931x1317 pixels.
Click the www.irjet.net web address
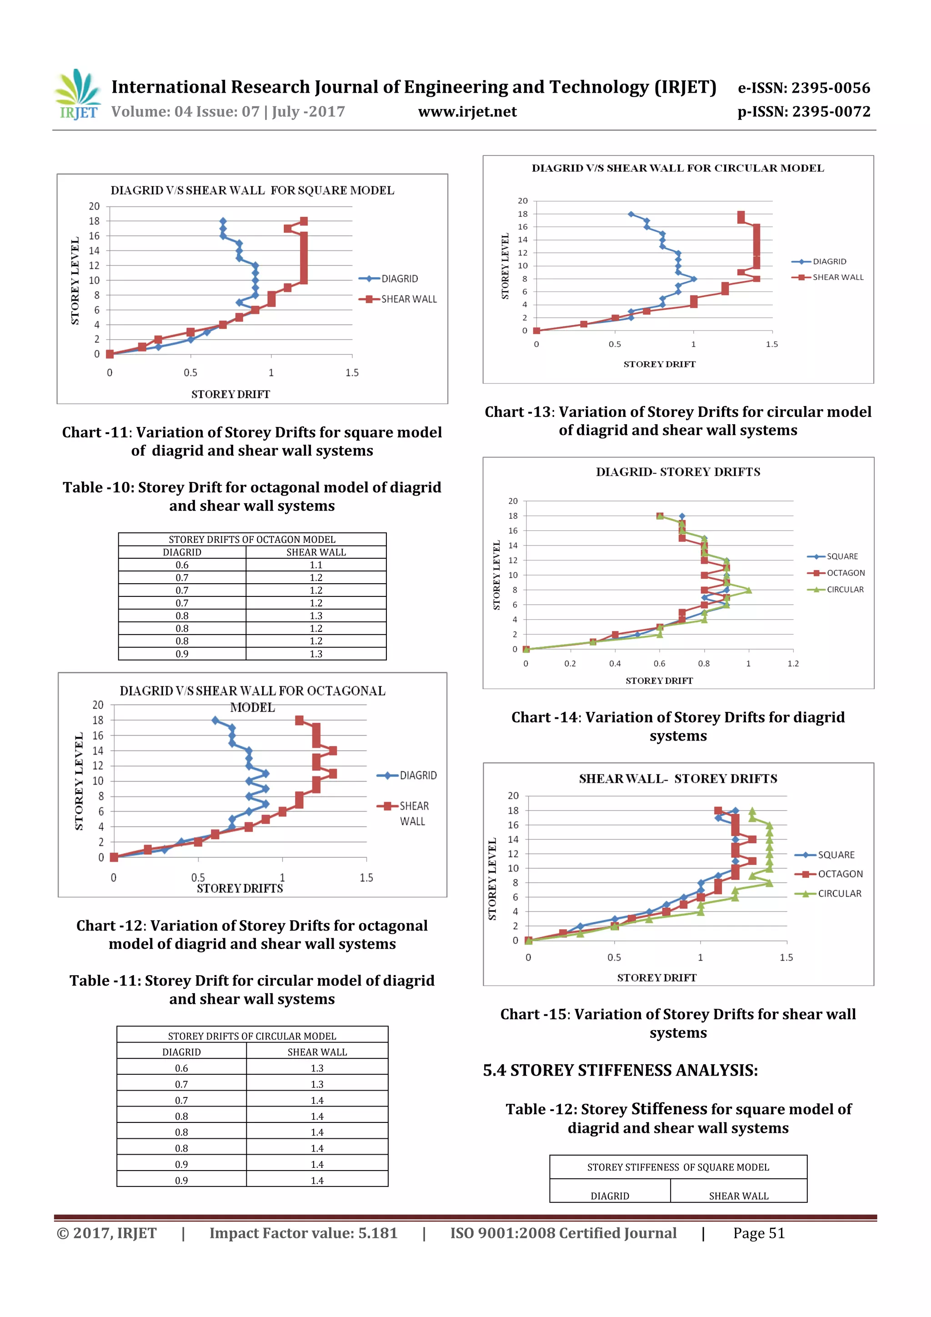tap(467, 112)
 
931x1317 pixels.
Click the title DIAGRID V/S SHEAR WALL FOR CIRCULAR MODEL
tap(677, 168)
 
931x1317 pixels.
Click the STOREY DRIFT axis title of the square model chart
tap(230, 394)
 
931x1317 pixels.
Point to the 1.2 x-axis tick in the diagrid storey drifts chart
tap(793, 663)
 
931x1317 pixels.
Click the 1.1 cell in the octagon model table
tap(316, 565)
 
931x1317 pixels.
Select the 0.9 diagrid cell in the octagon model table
tap(182, 654)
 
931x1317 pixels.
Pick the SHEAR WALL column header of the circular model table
tap(317, 1052)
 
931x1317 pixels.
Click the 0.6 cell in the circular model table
tap(181, 1068)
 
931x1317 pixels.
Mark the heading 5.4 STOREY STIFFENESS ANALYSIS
tap(620, 1070)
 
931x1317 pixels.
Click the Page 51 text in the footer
tap(758, 1233)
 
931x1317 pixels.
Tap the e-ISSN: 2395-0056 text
tap(804, 88)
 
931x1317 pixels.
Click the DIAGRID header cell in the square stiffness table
tap(610, 1196)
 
